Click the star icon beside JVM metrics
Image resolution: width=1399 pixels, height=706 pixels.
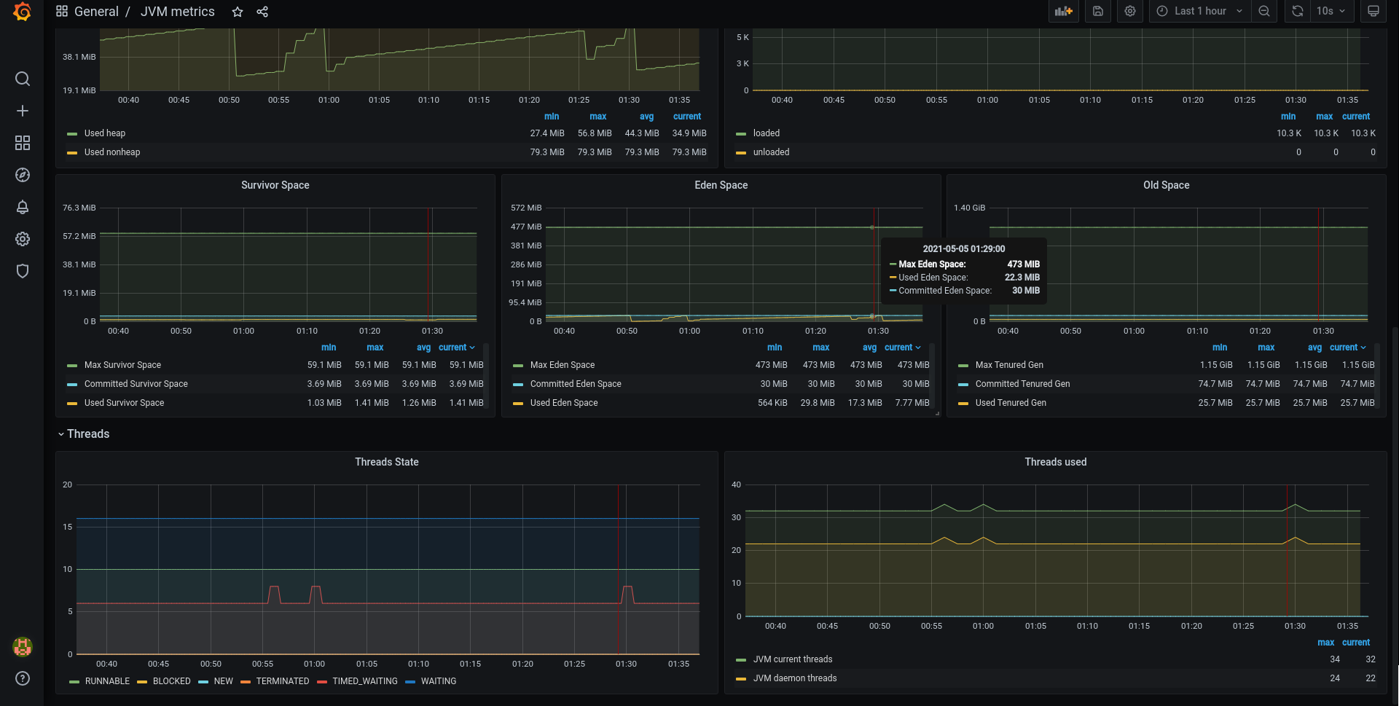[x=238, y=12]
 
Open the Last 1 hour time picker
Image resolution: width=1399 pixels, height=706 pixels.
[x=1199, y=11]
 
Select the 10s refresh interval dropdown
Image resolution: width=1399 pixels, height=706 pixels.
[x=1331, y=11]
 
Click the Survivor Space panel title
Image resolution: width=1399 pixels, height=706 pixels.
[x=275, y=185]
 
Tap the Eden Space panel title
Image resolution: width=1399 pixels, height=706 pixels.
[x=721, y=185]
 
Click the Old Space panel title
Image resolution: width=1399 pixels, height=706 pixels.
[x=1167, y=185]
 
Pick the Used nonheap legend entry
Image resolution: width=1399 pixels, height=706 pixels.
[x=112, y=152]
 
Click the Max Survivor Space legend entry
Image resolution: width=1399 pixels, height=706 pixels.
[x=122, y=365]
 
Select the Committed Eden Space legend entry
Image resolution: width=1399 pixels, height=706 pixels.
[x=576, y=384]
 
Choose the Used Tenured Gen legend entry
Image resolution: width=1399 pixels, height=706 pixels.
[x=1011, y=403]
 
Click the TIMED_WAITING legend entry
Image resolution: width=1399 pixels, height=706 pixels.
[x=365, y=681]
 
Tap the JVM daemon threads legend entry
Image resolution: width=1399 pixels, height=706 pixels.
[x=795, y=678]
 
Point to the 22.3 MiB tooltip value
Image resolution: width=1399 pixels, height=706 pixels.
[x=1022, y=278]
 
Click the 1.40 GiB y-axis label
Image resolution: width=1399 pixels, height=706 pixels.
[x=969, y=208]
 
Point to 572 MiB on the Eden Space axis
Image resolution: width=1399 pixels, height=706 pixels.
[x=526, y=208]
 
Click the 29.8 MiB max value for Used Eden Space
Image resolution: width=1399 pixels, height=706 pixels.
[x=818, y=403]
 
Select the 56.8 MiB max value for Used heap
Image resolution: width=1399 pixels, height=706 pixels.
[x=595, y=133]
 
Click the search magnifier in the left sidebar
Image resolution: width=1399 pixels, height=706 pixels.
[x=23, y=79]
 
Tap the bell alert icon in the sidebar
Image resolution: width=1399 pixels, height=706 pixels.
[x=23, y=207]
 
